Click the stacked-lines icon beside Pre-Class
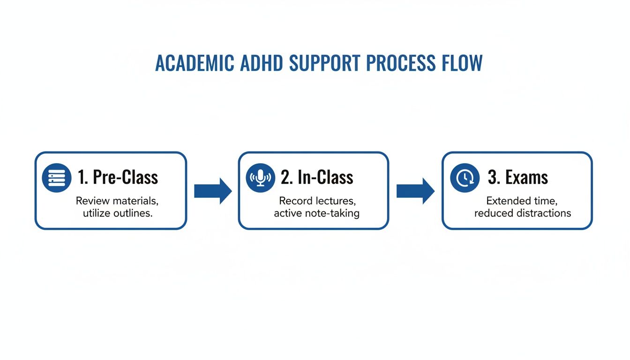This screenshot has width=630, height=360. (57, 178)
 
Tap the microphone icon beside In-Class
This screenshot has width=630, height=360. (261, 178)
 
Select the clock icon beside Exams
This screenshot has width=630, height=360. (465, 178)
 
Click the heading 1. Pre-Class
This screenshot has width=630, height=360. (118, 178)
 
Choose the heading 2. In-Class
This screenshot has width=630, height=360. (317, 178)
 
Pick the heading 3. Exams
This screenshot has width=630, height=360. (517, 178)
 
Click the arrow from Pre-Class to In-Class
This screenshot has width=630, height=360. (213, 191)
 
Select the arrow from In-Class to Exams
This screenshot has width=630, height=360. (415, 191)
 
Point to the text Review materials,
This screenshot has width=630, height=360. (117, 201)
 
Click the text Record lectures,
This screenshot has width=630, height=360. (317, 201)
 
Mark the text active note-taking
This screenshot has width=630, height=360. (317, 213)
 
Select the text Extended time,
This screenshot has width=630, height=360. (522, 201)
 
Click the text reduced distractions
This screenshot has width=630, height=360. (522, 213)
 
